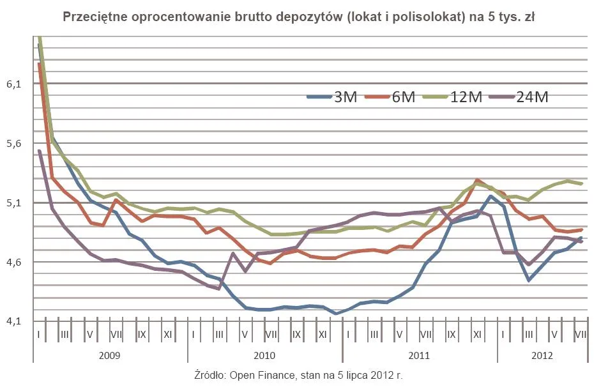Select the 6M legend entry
click(x=390, y=97)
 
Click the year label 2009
click(x=110, y=355)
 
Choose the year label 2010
click(x=265, y=355)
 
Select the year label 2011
click(x=420, y=355)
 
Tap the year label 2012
click(x=542, y=355)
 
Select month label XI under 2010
click(x=323, y=334)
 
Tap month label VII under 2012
click(x=580, y=334)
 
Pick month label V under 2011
click(x=400, y=334)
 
